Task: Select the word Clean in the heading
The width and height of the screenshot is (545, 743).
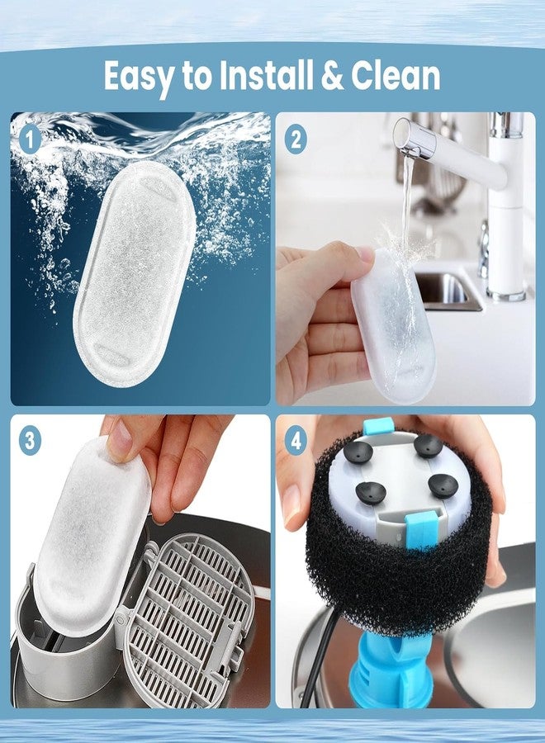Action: pyautogui.click(x=396, y=75)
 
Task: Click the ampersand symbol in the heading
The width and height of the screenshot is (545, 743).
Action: pyautogui.click(x=332, y=75)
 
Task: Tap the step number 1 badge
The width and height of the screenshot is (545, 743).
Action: pyautogui.click(x=31, y=140)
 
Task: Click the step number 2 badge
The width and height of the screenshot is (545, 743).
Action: pyautogui.click(x=296, y=140)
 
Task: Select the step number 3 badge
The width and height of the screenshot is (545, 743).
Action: pyautogui.click(x=30, y=442)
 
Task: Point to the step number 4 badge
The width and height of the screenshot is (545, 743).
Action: pyautogui.click(x=296, y=442)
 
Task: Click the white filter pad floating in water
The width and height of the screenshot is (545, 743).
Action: pyautogui.click(x=135, y=272)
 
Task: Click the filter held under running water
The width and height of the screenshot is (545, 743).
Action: pyautogui.click(x=393, y=327)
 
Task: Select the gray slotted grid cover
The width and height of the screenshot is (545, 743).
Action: pyautogui.click(x=187, y=616)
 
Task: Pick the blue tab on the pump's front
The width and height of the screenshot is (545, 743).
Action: pyautogui.click(x=419, y=529)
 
